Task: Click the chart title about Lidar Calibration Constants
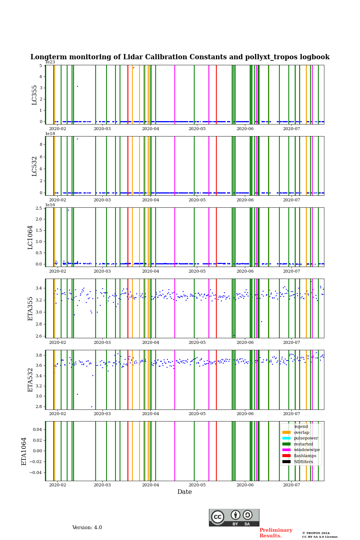pos(180,57)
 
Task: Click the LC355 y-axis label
pos(34,95)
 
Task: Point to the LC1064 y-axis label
pos(30,237)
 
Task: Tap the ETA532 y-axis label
pos(30,380)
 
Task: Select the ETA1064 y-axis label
pos(24,451)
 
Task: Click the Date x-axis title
pos(184,492)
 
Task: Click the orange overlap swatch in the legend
pos(286,432)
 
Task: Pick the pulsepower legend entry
pos(306,438)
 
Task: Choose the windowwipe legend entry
pos(307,450)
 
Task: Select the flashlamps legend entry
pos(305,456)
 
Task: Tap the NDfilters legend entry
pos(303,462)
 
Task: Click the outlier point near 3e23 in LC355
pos(77,86)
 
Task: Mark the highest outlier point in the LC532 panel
pos(77,139)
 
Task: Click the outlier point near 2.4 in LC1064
pos(68,210)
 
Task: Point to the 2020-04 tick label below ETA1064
pos(150,485)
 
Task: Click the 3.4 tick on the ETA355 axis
pos(38,288)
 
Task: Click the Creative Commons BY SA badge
pos(234,517)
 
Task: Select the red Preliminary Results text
pos(276,533)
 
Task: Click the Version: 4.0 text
pos(87,528)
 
